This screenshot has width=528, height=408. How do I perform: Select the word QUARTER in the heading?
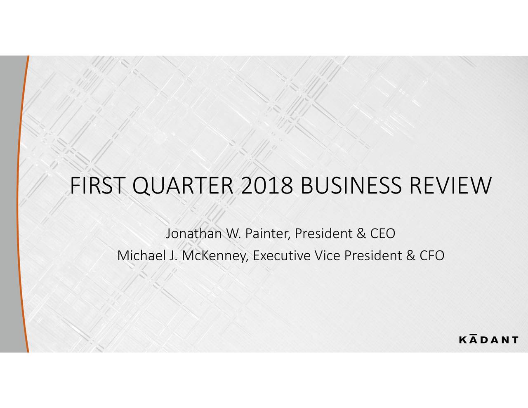183,186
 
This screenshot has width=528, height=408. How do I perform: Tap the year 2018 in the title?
266,186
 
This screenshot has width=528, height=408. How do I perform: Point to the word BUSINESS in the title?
351,186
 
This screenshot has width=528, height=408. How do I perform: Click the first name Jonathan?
194,233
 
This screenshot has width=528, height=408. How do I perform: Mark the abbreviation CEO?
383,233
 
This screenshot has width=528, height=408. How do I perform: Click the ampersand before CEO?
362,233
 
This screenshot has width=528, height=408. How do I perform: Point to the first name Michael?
141,255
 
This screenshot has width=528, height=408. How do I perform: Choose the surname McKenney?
215,256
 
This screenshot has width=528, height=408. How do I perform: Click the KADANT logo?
489,339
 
